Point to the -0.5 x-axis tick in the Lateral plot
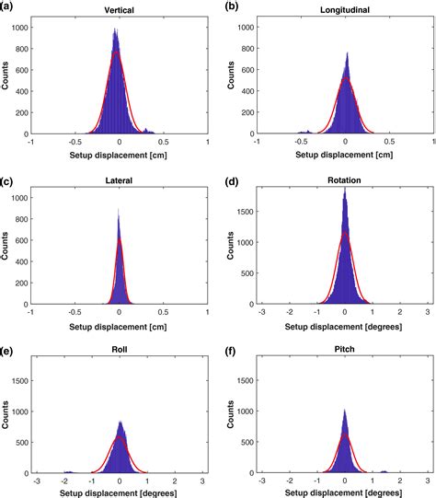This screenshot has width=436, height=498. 75,312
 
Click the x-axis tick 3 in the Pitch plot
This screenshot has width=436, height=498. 429,481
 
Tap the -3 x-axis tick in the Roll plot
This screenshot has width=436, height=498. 35,481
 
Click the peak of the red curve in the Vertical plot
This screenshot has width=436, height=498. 116,51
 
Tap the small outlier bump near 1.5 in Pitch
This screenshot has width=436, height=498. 385,469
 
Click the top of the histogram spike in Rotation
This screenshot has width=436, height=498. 344,188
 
